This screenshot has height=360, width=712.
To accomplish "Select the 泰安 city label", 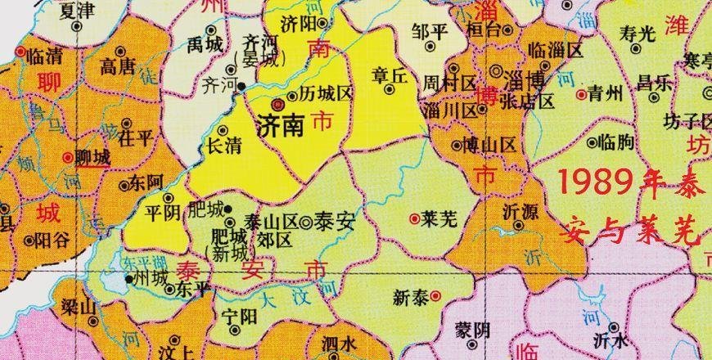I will tap(338, 220).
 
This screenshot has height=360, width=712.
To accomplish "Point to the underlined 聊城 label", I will tap(94, 156).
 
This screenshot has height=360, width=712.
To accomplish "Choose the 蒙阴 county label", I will tap(473, 331).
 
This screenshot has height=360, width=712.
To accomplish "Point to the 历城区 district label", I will tap(326, 96).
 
